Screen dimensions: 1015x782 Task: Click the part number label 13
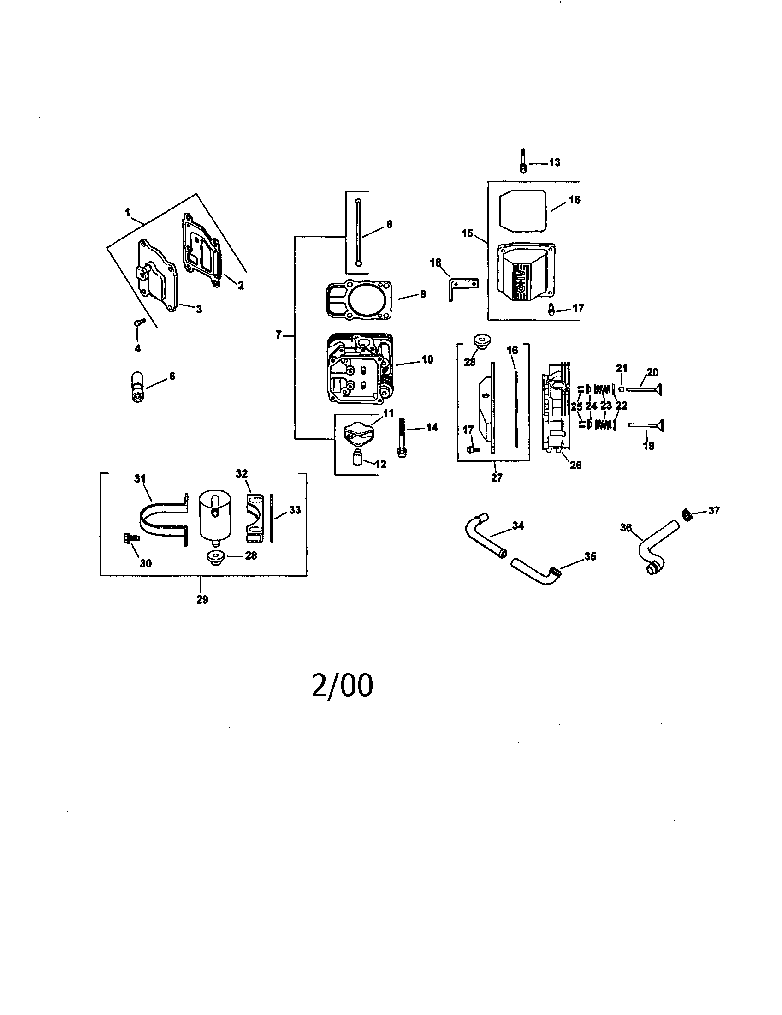click(x=555, y=162)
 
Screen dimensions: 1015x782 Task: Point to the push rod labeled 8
click(x=358, y=233)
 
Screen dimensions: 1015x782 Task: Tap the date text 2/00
click(x=343, y=686)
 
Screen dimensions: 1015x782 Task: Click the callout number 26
click(x=575, y=465)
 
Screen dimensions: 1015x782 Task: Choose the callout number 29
click(x=202, y=599)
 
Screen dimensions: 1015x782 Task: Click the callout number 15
click(x=467, y=233)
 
